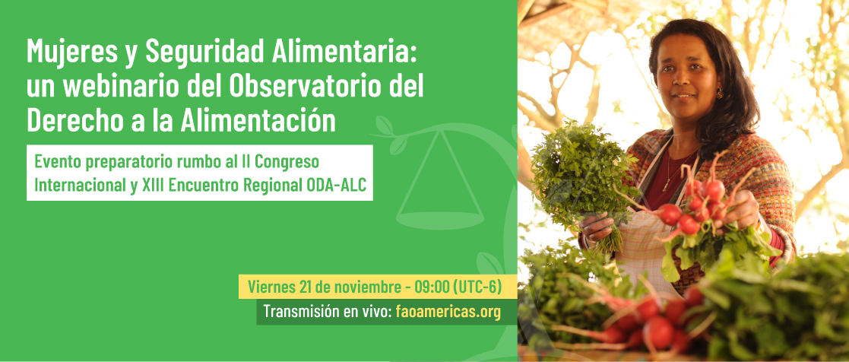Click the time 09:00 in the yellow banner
tap(432, 287)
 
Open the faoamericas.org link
tap(448, 312)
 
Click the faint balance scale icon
tap(439, 179)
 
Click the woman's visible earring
tap(719, 93)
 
